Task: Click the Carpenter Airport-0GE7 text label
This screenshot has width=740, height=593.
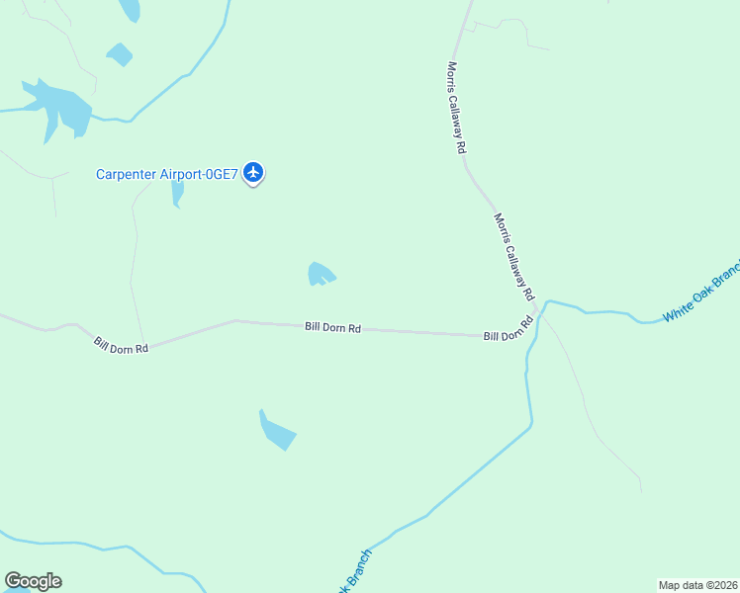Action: tap(167, 175)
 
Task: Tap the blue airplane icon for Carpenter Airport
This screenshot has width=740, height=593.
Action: tap(253, 173)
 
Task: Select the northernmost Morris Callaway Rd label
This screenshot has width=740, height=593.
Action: tap(455, 108)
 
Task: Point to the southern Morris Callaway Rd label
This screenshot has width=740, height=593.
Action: tap(513, 257)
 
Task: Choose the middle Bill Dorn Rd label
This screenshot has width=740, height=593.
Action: tap(332, 327)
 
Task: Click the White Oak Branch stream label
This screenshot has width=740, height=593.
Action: tap(701, 293)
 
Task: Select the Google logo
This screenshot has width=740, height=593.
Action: tap(33, 581)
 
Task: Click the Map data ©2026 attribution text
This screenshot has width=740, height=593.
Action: tap(697, 584)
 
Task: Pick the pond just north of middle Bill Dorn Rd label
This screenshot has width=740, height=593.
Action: tap(321, 274)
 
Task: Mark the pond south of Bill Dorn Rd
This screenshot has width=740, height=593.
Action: tap(276, 432)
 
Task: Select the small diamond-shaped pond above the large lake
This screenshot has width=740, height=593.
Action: tap(120, 54)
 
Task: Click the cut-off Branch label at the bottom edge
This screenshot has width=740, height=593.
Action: tap(355, 571)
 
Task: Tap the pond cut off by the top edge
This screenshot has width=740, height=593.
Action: tap(130, 9)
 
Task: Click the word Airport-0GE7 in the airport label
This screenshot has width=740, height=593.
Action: tap(202, 175)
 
